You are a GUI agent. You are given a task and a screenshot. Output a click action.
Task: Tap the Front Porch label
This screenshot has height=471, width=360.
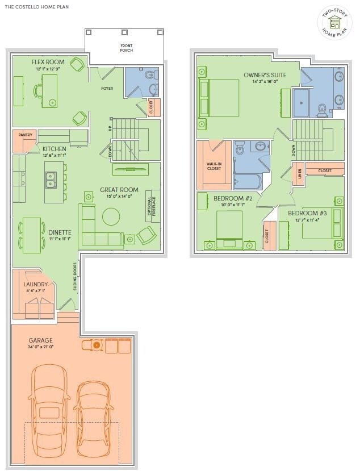point(126,48)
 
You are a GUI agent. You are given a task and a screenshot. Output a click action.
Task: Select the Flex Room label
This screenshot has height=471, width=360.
point(48,61)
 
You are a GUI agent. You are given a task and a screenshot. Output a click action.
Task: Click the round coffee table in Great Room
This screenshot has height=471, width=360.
point(111,216)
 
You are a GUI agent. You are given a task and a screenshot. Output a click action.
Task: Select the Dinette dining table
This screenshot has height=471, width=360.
point(31,235)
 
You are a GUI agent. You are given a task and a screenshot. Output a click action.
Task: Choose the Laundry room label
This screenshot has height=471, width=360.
point(36,284)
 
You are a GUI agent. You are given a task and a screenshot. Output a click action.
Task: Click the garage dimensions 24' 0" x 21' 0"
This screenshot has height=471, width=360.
point(40,347)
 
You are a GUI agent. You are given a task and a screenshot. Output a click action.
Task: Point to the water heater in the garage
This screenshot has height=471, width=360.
point(97,344)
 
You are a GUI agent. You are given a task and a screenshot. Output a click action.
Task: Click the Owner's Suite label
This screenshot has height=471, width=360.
point(265,75)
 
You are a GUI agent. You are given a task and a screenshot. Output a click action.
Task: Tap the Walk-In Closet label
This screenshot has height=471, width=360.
point(214,166)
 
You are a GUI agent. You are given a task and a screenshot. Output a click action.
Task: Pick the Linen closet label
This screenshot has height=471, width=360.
point(299,173)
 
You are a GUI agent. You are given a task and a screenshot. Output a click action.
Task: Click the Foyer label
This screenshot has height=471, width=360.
point(107,89)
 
